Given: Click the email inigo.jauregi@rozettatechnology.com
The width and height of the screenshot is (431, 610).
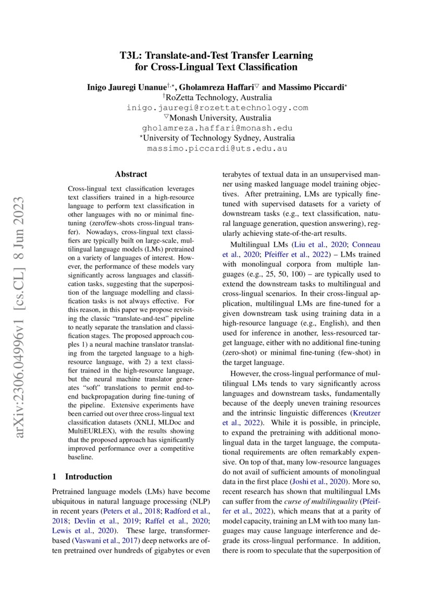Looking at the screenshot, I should tap(217, 108).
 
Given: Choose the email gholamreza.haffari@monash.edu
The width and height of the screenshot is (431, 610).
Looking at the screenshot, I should tap(217, 128).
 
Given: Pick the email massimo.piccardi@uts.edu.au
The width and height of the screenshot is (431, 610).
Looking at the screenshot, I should tap(217, 149).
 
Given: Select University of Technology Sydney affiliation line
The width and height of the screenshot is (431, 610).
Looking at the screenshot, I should tap(217, 138).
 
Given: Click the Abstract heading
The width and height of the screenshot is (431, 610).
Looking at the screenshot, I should tap(131, 174).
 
